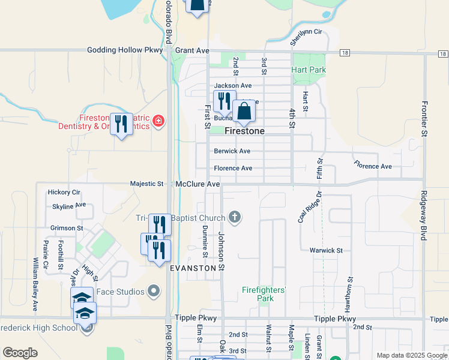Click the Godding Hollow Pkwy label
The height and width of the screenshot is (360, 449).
pyautogui.click(x=125, y=50)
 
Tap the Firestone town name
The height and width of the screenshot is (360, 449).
pyautogui.click(x=245, y=130)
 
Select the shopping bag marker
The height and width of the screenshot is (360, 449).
pyautogui.click(x=244, y=112)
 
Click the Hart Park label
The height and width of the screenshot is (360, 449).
pyautogui.click(x=309, y=70)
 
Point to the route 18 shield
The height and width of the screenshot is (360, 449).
pyautogui.click(x=344, y=53)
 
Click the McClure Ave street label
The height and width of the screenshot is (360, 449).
pyautogui.click(x=197, y=184)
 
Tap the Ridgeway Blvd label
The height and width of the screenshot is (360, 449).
pyautogui.click(x=423, y=216)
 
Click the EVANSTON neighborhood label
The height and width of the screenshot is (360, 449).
pyautogui.click(x=193, y=268)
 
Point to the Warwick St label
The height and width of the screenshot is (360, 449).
pyautogui.click(x=326, y=250)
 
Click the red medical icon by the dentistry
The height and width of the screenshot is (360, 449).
pyautogui.click(x=158, y=122)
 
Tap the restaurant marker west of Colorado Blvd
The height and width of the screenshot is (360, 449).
pyautogui.click(x=122, y=124)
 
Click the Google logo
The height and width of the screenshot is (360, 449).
pyautogui.click(x=20, y=353)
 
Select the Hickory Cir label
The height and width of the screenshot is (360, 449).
pyautogui.click(x=64, y=193)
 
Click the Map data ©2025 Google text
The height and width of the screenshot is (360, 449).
pyautogui.click(x=411, y=355)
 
